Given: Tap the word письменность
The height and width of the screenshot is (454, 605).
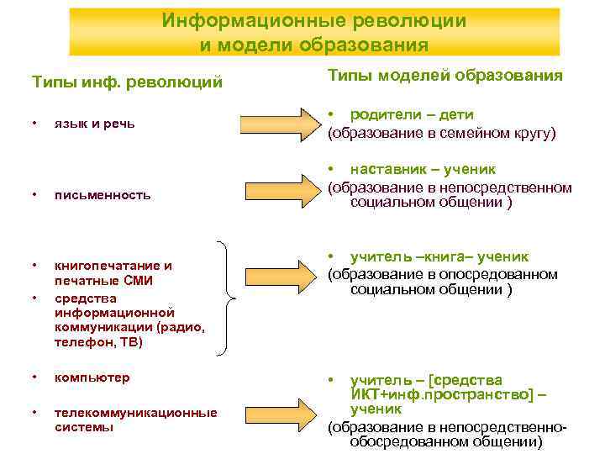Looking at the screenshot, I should pos(103,195).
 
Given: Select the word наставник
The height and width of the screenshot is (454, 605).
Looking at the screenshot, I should pos(388,169).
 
